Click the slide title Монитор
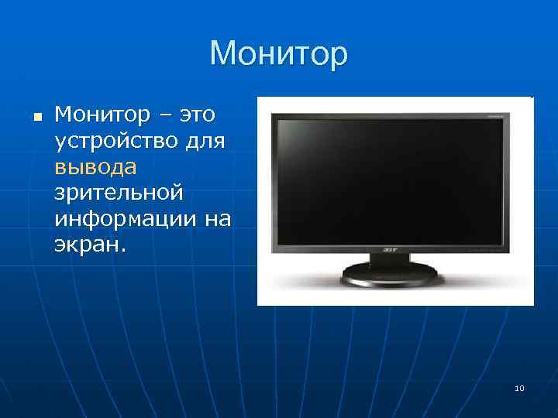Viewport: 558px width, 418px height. coord(279,54)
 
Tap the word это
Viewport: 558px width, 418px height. coord(198,115)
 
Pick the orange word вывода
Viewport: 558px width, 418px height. coord(95,167)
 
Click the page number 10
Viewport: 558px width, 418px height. coord(518,388)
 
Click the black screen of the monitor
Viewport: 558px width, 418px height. coord(390,180)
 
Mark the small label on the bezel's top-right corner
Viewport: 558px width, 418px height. coord(494,115)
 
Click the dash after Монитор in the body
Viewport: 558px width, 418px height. coord(164,116)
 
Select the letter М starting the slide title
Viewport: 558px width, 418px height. coord(222,54)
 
